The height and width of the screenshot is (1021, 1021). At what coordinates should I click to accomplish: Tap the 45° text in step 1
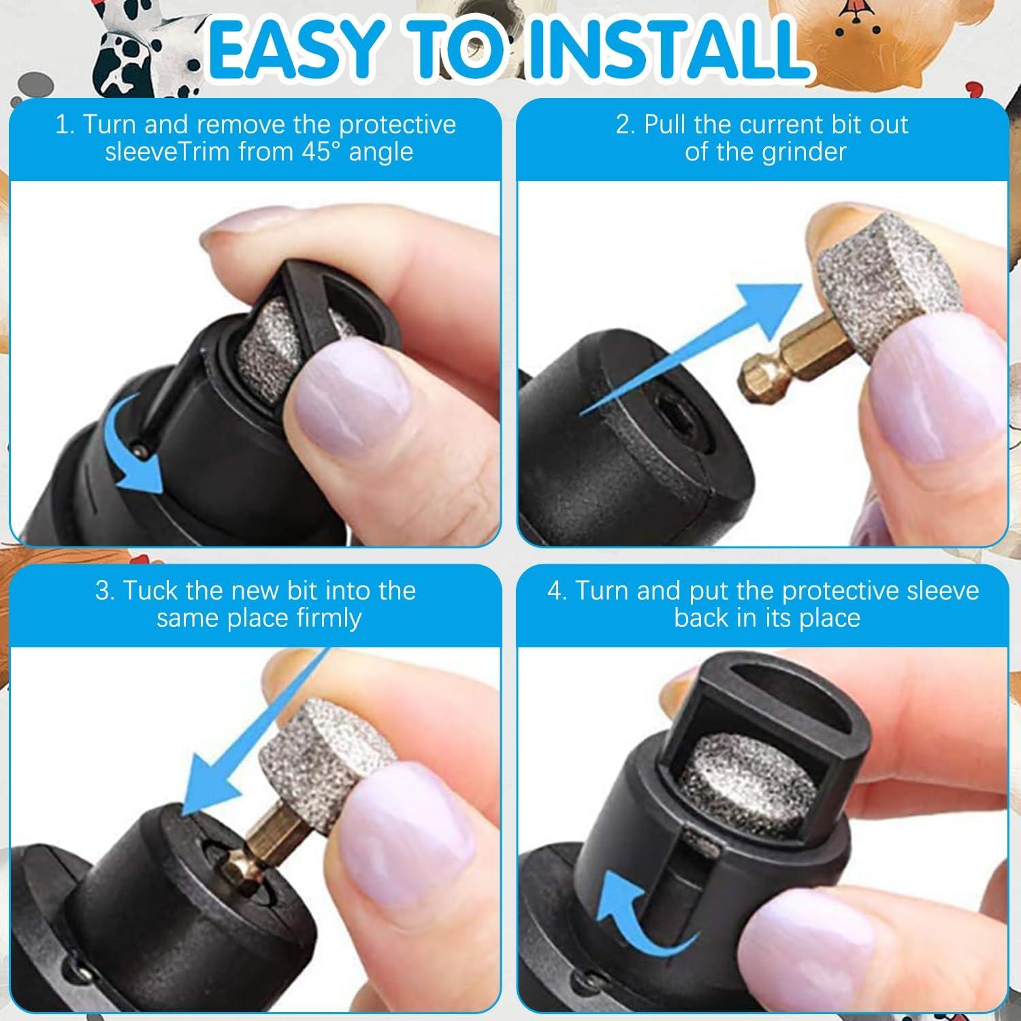tap(318, 151)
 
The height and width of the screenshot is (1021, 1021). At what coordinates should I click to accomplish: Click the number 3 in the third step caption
tap(104, 590)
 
